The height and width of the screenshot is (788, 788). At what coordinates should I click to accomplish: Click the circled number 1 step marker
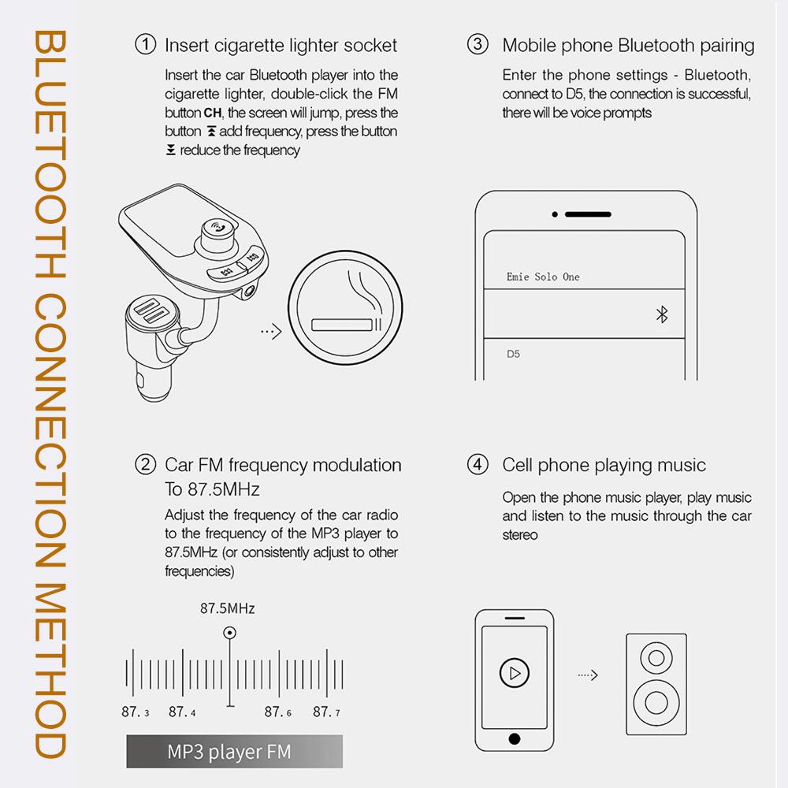tap(146, 45)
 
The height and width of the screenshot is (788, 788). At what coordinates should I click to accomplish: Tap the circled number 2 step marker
tap(146, 465)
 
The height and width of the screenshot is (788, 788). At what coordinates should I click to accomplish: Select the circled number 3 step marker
tap(478, 45)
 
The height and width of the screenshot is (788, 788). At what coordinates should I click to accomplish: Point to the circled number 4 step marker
tap(478, 465)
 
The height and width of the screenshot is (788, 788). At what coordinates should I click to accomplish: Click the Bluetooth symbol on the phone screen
tap(662, 315)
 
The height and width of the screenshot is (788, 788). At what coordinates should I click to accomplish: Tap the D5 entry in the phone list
tap(513, 354)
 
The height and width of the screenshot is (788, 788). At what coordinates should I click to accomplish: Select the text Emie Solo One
tap(542, 277)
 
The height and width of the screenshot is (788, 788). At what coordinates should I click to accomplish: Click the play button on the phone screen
tap(514, 674)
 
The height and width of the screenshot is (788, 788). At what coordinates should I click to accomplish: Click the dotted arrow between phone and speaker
tap(588, 675)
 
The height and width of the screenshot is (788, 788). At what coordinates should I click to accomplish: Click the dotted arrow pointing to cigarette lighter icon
tap(270, 332)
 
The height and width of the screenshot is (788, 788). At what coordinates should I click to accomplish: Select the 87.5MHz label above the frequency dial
tap(227, 608)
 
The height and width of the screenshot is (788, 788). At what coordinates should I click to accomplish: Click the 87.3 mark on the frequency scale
tap(135, 712)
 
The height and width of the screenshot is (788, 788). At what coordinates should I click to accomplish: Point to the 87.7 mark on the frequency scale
tap(326, 712)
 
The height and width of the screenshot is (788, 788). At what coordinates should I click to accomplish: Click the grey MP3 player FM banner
tap(235, 752)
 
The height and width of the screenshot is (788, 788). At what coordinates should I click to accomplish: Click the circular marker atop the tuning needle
tap(229, 632)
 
